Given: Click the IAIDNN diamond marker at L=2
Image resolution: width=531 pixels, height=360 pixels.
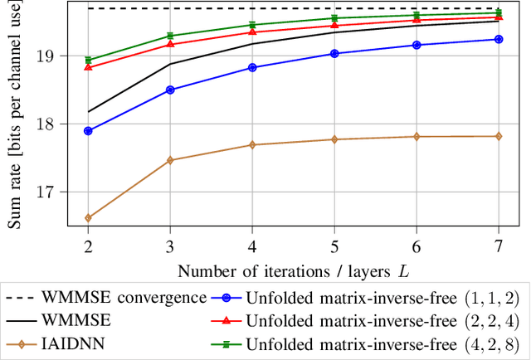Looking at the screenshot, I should (88, 218).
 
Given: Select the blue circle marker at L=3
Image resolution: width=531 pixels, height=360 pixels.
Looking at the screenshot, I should (170, 90).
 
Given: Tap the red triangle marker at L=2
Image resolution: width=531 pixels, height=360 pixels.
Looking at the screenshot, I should (88, 67).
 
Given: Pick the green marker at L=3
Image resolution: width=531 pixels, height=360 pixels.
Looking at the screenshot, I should (170, 36).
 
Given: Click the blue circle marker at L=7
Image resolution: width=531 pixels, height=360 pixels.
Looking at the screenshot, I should (499, 39).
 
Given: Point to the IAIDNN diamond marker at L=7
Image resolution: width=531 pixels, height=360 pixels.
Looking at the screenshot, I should (499, 136).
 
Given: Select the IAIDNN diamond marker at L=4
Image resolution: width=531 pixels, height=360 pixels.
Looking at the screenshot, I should (252, 144).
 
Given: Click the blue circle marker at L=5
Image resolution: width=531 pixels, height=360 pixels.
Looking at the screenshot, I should (334, 53).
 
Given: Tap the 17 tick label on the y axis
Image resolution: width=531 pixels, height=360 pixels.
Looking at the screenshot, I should (66, 192).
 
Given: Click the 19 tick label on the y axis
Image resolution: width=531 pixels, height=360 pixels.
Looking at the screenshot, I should (66, 56).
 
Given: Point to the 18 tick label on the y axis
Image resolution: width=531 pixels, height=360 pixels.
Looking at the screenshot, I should (66, 124).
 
